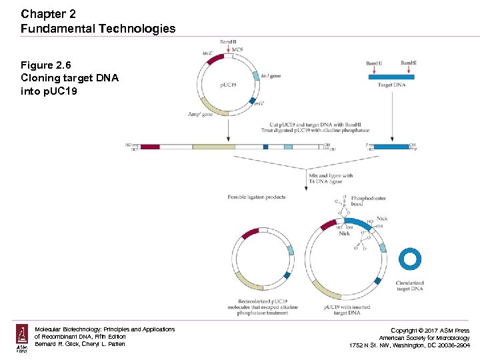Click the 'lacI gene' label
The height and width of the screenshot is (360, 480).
(x=271, y=76)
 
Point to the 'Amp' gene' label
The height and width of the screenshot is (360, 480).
(x=200, y=115)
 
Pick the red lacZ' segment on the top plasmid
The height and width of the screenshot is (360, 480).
(x=215, y=59)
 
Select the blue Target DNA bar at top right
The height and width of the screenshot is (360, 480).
(x=391, y=77)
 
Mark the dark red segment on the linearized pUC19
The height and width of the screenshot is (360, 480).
(x=150, y=147)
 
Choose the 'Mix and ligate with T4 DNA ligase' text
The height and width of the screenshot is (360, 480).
(x=331, y=179)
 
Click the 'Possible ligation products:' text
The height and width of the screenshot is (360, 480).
(x=257, y=197)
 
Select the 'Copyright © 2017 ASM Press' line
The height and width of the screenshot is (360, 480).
(x=429, y=331)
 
